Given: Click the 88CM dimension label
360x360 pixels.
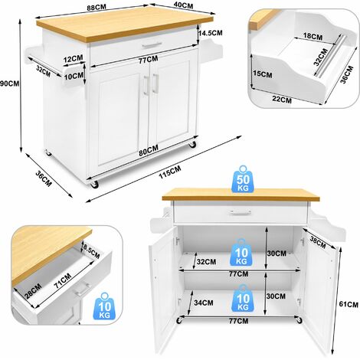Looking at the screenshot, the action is (x=97, y=7).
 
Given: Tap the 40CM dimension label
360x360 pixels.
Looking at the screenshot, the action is (x=183, y=5).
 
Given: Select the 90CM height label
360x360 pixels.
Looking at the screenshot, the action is (x=10, y=83).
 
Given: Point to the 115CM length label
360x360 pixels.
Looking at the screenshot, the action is (x=170, y=172).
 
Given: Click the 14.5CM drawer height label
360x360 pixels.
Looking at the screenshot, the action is (x=211, y=33).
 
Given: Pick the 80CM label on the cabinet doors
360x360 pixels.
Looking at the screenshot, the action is (x=149, y=150).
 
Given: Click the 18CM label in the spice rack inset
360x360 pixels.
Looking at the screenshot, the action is (x=313, y=36).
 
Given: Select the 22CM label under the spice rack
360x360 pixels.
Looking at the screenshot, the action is (x=282, y=99).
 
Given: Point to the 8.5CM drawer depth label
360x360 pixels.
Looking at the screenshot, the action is (x=92, y=250).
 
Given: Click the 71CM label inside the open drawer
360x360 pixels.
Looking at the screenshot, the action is (x=63, y=281).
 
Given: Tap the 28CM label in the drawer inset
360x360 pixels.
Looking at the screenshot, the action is (x=33, y=291).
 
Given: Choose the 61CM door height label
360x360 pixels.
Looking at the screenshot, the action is (x=349, y=304).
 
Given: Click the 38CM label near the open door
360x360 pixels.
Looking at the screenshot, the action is (x=318, y=242).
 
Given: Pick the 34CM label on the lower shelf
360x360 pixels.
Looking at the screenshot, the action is (x=204, y=303).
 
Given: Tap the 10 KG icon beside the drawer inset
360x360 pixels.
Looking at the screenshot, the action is (x=105, y=307).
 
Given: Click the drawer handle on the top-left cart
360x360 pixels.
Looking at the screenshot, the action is (x=152, y=45).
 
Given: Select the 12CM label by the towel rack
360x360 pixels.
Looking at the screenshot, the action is (x=74, y=59).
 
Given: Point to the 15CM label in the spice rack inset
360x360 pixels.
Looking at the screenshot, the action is (x=263, y=74).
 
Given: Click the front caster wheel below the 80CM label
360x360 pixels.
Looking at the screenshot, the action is (x=94, y=185).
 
